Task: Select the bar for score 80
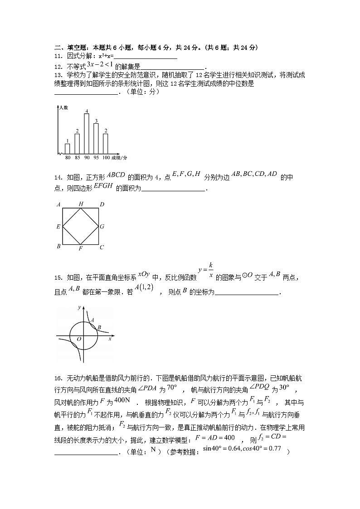(x=68, y=148)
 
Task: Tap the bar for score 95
(x=96, y=138)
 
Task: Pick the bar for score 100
(x=106, y=143)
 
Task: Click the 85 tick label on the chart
(x=77, y=157)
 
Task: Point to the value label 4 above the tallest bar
(x=87, y=111)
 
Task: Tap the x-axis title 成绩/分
(x=119, y=157)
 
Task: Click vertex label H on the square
(x=81, y=204)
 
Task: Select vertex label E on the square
(x=58, y=226)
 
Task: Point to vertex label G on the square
(x=102, y=226)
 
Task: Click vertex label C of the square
(x=102, y=247)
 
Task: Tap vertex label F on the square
(x=80, y=249)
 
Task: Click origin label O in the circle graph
(x=79, y=339)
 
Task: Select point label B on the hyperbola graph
(x=99, y=327)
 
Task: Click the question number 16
(x=58, y=378)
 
